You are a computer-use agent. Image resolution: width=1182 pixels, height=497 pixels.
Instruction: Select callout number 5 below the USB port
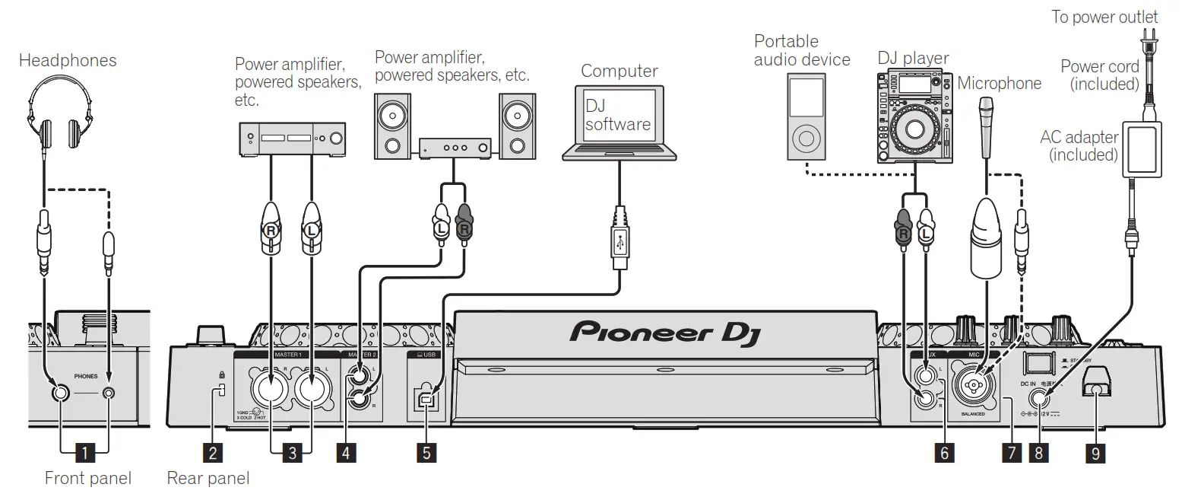[x=426, y=453]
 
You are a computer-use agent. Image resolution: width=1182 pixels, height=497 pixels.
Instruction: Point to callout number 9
[x=1095, y=453]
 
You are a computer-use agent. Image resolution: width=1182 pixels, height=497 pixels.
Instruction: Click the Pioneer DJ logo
[x=663, y=333]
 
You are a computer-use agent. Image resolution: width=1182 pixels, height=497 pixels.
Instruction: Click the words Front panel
[x=87, y=478]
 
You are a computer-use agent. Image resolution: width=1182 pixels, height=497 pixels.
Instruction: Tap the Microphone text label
[x=999, y=83]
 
